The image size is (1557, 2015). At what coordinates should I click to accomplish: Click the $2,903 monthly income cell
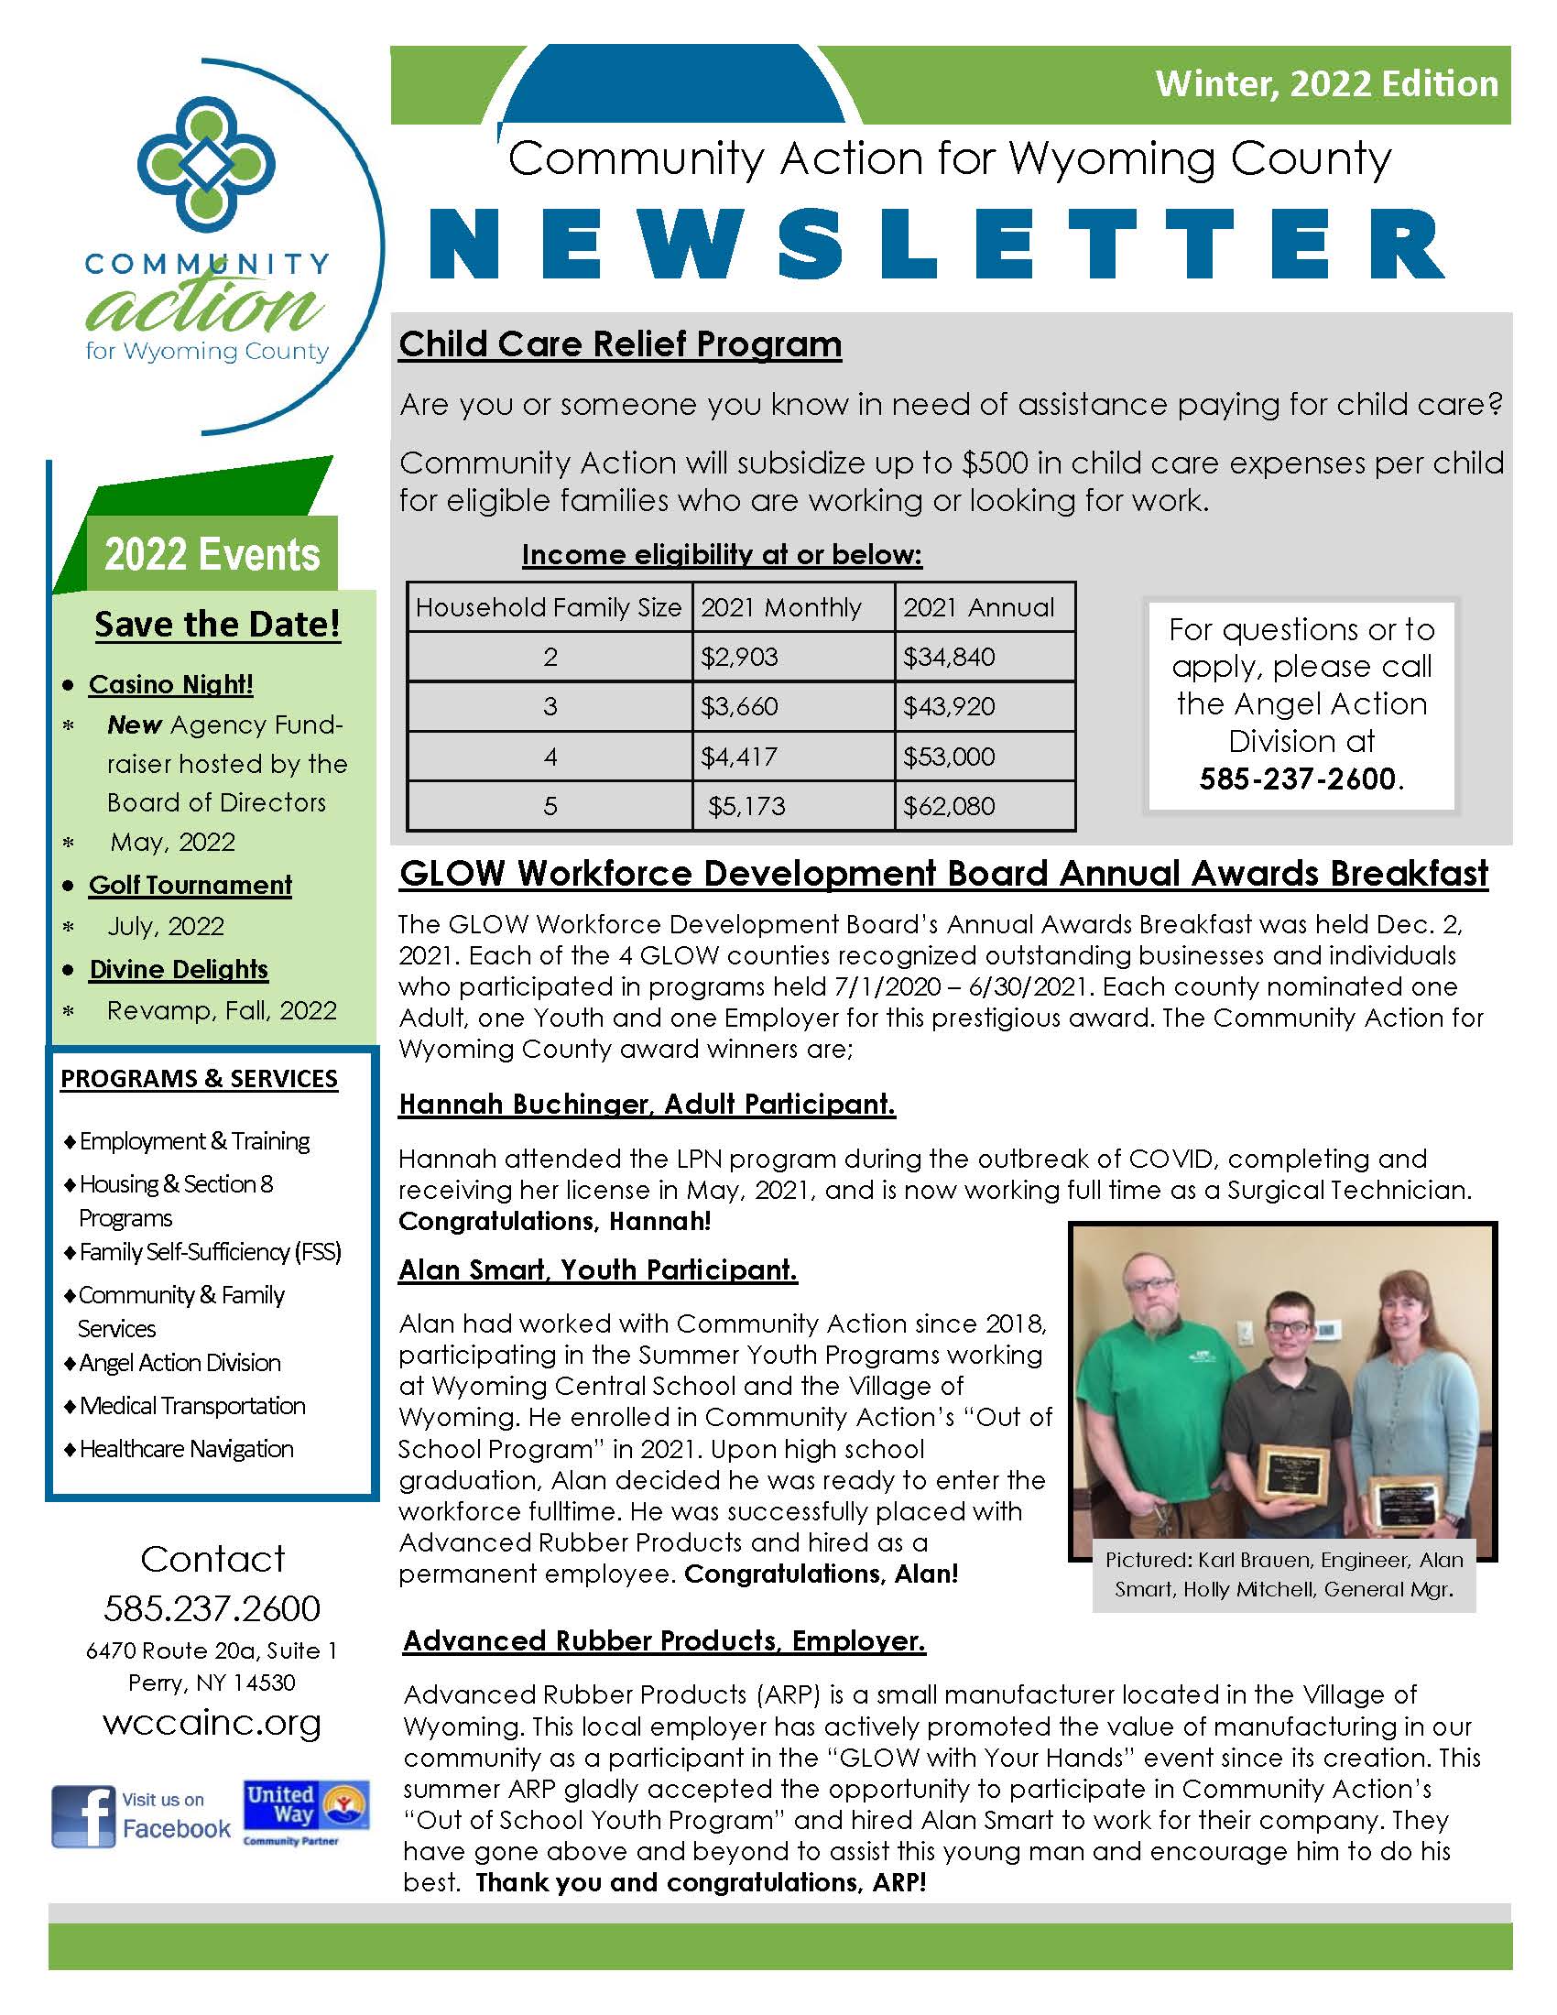[739, 657]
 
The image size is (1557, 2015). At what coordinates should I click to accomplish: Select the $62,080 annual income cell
[948, 806]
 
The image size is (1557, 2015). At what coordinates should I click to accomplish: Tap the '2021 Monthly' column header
[780, 607]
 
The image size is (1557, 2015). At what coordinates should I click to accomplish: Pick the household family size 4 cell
[550, 757]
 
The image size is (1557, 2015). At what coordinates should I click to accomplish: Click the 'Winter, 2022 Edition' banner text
[1326, 84]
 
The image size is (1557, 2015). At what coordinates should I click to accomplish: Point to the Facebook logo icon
[83, 1816]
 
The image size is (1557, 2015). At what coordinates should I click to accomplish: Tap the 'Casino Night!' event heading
[170, 684]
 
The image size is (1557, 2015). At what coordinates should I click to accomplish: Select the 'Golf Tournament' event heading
[190, 885]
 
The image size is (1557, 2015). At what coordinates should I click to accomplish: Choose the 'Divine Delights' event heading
[178, 969]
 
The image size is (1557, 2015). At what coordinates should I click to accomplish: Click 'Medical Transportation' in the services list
[191, 1406]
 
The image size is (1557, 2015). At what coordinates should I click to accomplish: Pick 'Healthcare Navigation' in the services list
[186, 1449]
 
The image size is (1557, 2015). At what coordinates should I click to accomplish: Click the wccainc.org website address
[212, 1723]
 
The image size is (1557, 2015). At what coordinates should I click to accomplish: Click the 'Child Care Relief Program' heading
[620, 344]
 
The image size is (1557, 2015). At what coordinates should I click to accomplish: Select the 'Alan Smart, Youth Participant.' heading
[598, 1269]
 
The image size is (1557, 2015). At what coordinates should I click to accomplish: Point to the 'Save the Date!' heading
[217, 624]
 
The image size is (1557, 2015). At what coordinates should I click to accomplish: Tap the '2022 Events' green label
[212, 554]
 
